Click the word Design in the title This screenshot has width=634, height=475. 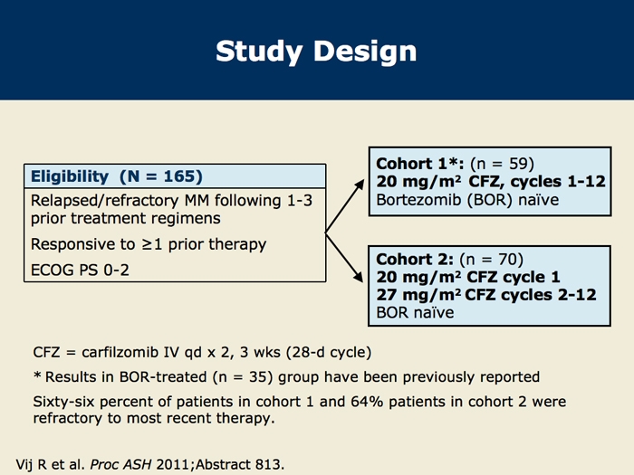click(x=365, y=52)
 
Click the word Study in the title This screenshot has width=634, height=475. click(x=259, y=52)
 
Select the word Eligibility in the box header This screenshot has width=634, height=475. click(x=70, y=177)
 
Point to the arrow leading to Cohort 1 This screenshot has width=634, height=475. click(x=345, y=206)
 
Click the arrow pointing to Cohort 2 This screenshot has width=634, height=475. click(x=344, y=257)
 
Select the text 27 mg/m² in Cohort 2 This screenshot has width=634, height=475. click(x=418, y=295)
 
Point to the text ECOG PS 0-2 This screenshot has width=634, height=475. click(x=80, y=270)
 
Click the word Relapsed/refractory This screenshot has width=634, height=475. click(x=105, y=201)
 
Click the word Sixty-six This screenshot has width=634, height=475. click(x=64, y=402)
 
